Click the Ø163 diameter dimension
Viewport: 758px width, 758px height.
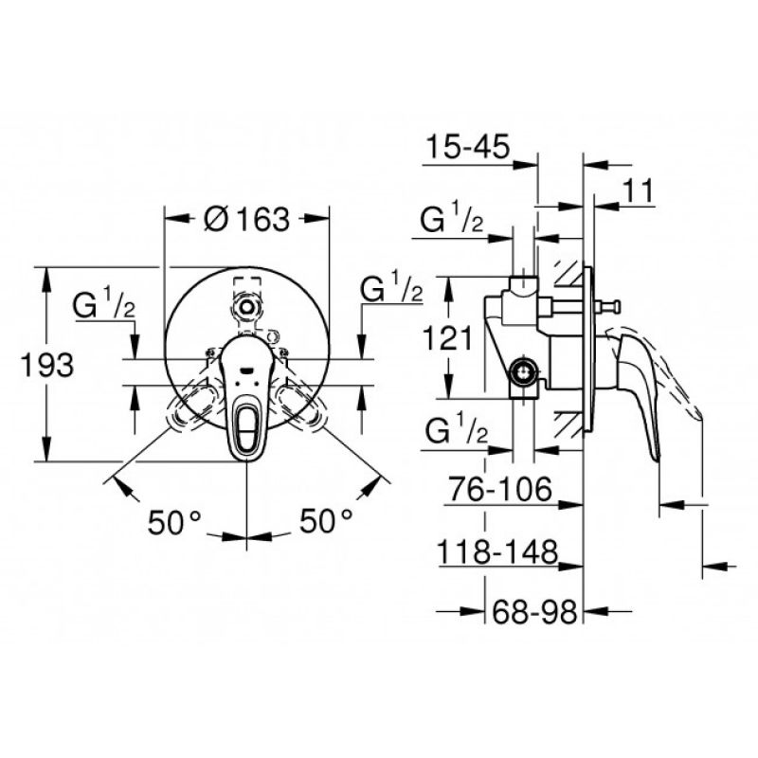click(247, 219)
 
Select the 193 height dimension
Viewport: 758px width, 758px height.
click(46, 365)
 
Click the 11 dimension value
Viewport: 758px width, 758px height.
click(638, 190)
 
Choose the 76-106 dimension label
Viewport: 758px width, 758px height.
click(500, 489)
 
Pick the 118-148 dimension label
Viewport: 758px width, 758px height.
click(497, 551)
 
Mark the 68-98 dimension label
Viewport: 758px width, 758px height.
click(534, 612)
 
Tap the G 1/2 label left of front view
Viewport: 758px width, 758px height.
click(104, 303)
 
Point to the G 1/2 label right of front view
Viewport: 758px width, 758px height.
click(392, 287)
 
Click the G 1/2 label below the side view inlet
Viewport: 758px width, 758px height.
click(457, 428)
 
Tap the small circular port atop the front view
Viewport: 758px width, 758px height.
click(247, 306)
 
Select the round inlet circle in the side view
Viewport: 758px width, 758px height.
click(523, 371)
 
